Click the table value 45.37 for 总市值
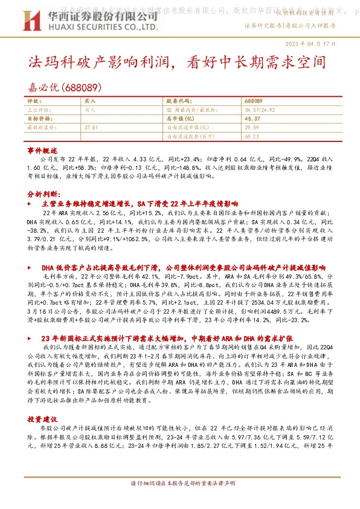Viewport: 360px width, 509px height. click(253, 119)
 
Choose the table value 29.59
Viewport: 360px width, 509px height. click(252, 128)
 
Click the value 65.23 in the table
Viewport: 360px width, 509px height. click(252, 137)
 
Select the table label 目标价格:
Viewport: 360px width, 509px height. click(41, 119)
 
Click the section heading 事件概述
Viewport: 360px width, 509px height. click(42, 150)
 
